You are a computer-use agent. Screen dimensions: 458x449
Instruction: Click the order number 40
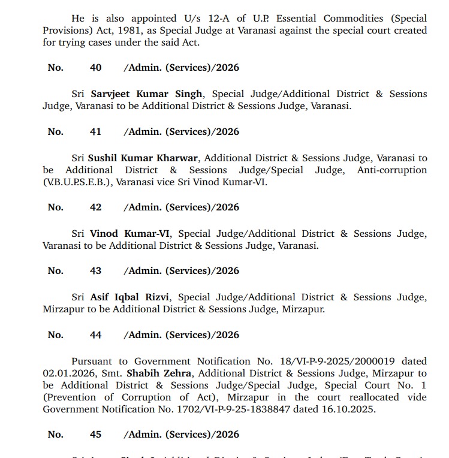96,68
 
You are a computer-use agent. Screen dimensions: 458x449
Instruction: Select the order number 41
96,132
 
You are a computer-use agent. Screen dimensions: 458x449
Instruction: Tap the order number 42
96,207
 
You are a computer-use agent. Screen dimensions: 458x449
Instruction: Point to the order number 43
96,271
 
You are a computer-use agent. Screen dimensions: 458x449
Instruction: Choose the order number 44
96,335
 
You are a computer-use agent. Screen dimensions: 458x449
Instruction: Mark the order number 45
96,435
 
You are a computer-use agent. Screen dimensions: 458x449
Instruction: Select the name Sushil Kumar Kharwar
143,158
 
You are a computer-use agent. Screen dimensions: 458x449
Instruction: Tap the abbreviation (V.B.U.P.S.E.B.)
79,182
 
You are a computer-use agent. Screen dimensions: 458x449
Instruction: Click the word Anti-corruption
392,170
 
